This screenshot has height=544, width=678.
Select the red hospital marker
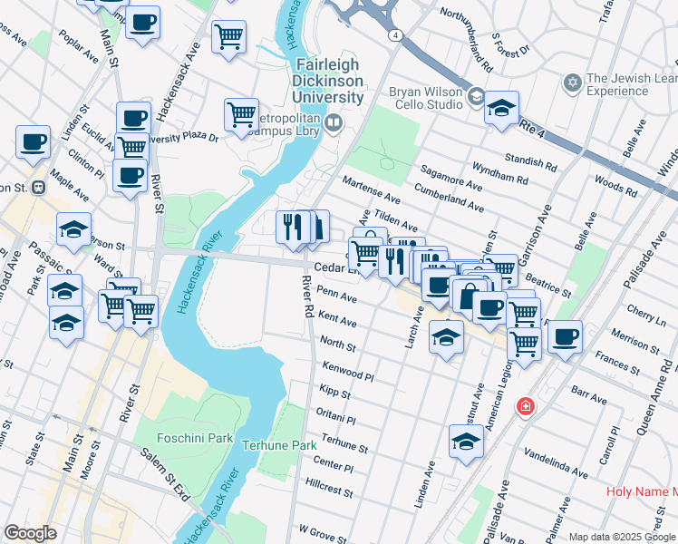tap(524, 407)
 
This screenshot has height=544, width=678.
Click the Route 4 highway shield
tap(396, 34)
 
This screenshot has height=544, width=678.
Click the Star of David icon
tap(571, 84)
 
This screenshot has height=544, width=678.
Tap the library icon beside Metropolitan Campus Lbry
tap(335, 122)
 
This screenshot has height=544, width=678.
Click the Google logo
tap(31, 532)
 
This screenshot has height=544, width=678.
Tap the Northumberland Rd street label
tap(466, 40)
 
